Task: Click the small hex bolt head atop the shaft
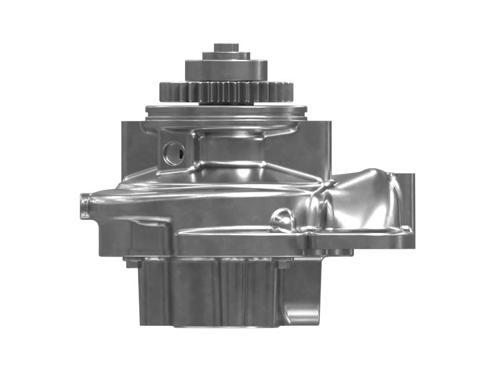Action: [x=226, y=47]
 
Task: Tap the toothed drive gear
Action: [x=226, y=92]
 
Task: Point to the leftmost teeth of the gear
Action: [x=166, y=92]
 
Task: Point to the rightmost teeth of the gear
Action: [x=286, y=92]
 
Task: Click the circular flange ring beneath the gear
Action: [x=226, y=113]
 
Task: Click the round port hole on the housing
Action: [x=173, y=153]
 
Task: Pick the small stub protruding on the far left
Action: [x=85, y=205]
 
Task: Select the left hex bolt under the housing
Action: [x=131, y=263]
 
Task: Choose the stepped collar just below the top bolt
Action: [x=226, y=56]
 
